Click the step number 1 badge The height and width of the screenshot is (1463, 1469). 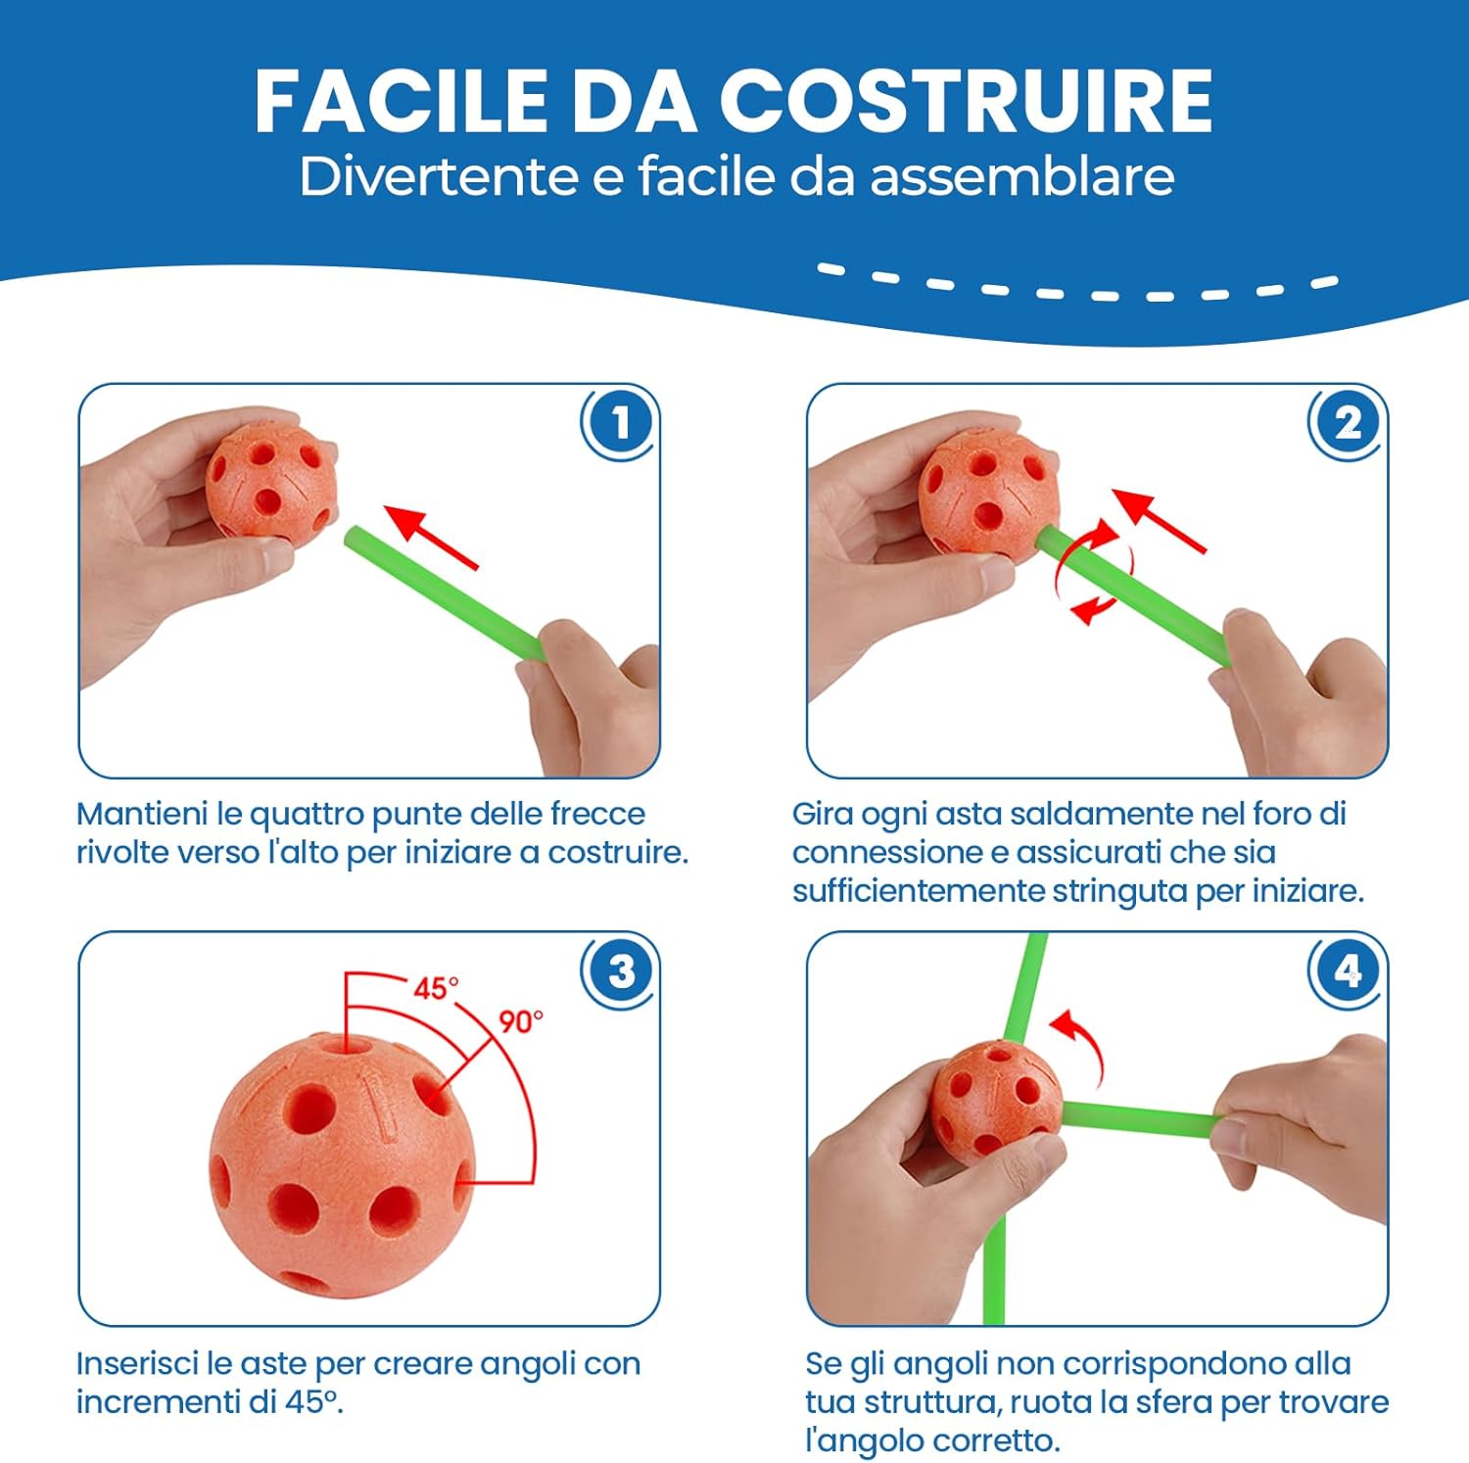click(x=620, y=424)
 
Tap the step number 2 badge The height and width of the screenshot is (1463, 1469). click(x=1348, y=424)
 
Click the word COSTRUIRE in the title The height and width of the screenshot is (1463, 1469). click(x=966, y=101)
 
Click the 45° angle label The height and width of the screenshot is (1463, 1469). click(x=435, y=988)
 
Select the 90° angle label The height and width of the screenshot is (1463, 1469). click(x=520, y=1022)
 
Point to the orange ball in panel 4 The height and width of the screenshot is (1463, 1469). click(x=995, y=1101)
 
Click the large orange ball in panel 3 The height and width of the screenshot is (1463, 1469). click(x=342, y=1165)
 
